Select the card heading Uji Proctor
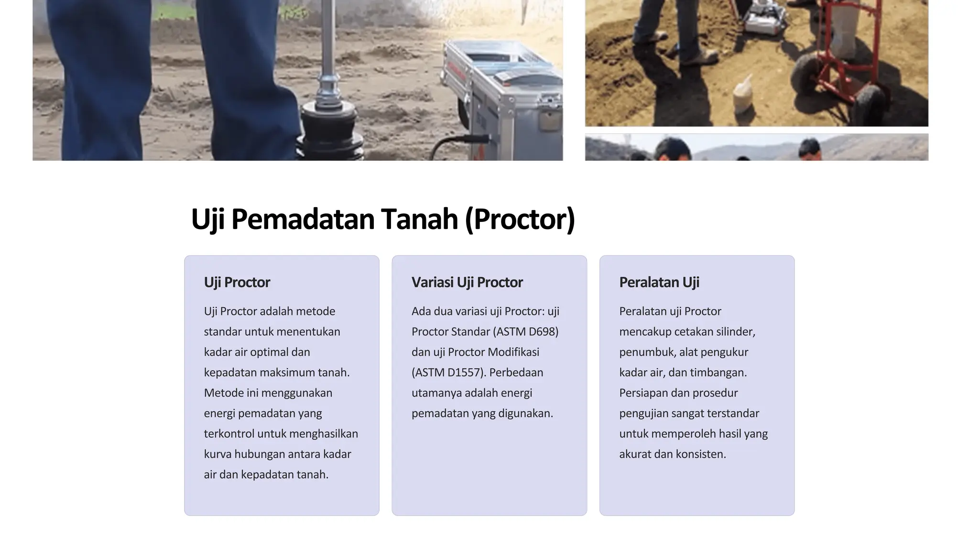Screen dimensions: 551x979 [237, 282]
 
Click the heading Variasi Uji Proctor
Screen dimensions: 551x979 [467, 282]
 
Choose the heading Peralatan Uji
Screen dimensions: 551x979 [659, 282]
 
